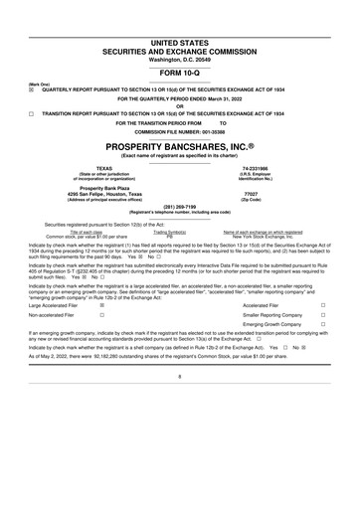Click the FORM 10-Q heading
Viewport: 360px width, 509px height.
[x=180, y=74]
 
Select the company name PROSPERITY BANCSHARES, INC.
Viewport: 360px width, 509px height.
[x=180, y=147]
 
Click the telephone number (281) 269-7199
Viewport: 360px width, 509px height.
[x=180, y=209]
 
